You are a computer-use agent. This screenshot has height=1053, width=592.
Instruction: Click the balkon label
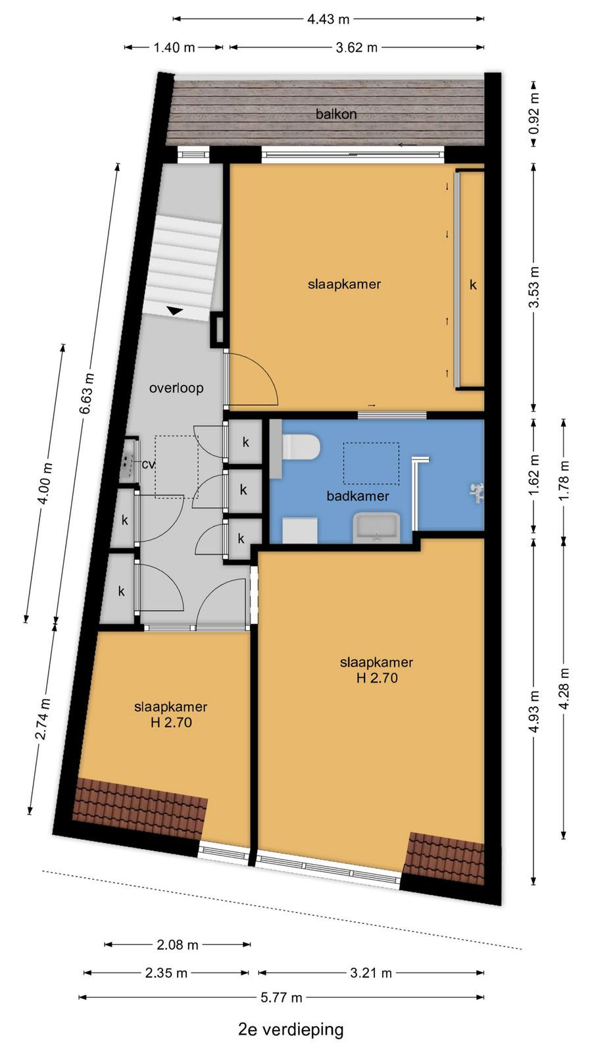[x=336, y=114]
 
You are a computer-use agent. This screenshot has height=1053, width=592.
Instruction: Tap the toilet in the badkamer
[x=301, y=447]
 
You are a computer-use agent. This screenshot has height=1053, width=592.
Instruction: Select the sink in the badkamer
[x=376, y=528]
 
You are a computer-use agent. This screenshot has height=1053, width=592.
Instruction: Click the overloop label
[x=176, y=388]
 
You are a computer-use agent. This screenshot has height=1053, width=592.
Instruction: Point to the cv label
[x=149, y=464]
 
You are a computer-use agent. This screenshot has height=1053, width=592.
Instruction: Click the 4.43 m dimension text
[x=328, y=19]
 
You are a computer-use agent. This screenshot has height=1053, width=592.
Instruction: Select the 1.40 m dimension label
[x=174, y=47]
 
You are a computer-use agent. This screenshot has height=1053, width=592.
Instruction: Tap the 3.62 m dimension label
[x=357, y=47]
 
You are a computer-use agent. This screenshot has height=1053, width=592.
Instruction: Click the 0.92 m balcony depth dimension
[x=534, y=114]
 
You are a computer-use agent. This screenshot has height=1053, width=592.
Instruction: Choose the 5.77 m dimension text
[x=282, y=998]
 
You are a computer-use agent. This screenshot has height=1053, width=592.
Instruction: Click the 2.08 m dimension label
[x=178, y=945]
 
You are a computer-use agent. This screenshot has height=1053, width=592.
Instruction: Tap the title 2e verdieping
[x=291, y=1029]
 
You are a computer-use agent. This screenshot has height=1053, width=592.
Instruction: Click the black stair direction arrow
[x=175, y=311]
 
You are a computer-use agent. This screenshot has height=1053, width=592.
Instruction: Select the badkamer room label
[x=358, y=496]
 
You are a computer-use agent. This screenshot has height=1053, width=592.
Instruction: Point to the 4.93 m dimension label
[x=535, y=711]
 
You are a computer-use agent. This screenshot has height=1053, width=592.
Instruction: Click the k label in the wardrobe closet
[x=473, y=284]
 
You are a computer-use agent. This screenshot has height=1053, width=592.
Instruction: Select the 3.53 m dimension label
[x=535, y=287]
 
